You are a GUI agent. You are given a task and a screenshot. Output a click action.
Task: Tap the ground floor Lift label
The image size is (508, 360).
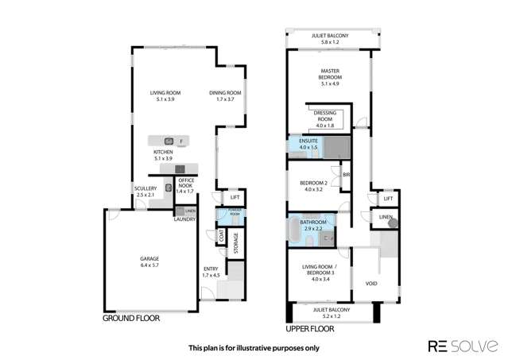click(235, 197)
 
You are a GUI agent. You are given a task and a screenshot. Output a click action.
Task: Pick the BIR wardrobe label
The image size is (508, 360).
click(347, 175)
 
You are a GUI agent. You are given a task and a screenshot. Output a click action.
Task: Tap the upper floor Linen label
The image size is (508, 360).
click(386, 216)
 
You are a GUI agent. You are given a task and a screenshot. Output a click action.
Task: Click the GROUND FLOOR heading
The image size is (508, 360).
click(131, 319)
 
